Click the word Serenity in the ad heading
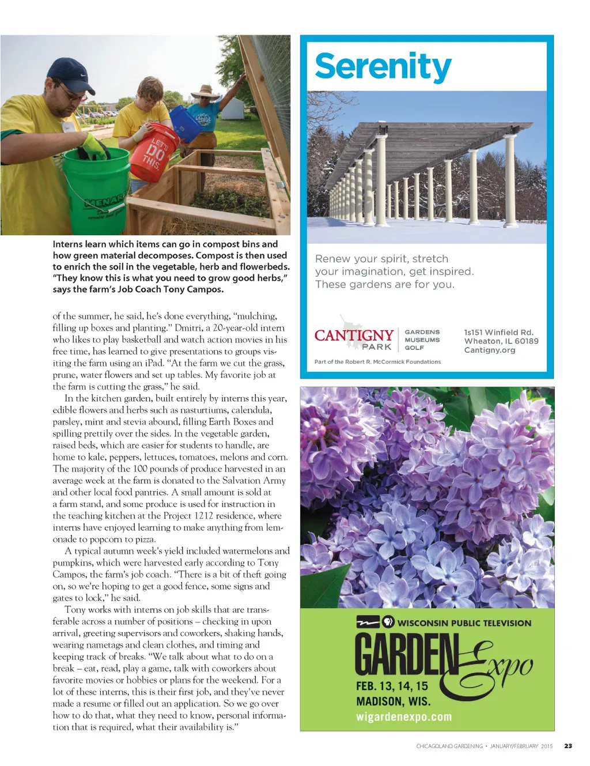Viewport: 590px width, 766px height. pos(383,67)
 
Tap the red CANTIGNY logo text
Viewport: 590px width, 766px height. pos(354,335)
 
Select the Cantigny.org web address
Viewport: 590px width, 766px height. pos(489,350)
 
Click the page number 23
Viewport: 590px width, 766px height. pos(568,746)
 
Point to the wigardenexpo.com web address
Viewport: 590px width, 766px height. pos(403,717)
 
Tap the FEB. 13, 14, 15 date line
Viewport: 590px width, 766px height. pos(392,686)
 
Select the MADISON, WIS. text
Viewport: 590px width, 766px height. pos(393,701)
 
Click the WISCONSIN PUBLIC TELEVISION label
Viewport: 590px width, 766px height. pos(464,623)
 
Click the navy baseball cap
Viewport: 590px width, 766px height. pos(70,73)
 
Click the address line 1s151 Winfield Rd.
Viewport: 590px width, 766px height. pos(498,332)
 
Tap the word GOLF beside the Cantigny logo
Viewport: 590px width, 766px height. pos(414,348)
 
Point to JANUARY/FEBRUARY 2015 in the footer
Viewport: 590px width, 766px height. pos(521,746)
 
